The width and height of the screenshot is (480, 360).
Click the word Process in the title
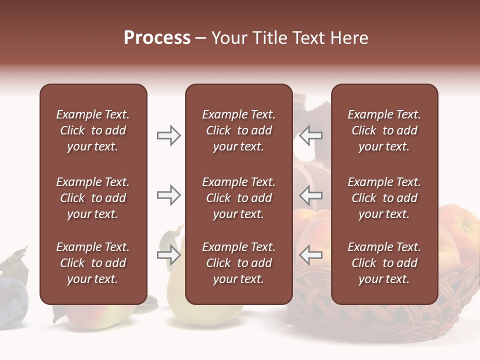click(157, 38)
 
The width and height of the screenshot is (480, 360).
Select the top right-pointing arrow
click(168, 135)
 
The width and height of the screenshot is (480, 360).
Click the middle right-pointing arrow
click(168, 195)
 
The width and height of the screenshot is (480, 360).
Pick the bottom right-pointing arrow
click(168, 255)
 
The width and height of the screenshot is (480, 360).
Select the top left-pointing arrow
click(311, 135)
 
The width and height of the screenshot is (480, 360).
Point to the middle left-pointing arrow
click(311, 195)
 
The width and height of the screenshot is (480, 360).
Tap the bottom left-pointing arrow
click(311, 255)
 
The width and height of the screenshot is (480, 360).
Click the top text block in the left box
click(93, 130)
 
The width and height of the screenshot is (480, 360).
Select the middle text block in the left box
click(93, 198)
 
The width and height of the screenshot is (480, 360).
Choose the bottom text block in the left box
click(93, 263)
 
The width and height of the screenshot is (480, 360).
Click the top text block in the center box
click(238, 130)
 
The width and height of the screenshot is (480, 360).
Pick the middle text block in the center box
click(238, 198)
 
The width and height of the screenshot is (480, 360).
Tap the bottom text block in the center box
click(238, 263)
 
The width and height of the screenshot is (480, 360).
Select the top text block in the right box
click(384, 130)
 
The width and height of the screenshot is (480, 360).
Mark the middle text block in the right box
click(384, 198)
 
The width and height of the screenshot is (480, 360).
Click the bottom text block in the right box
click(384, 263)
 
